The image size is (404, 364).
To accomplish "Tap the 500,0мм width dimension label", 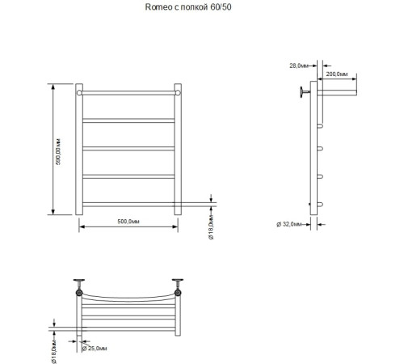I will point(128,220).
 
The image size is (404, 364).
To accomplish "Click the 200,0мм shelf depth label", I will point(338,74).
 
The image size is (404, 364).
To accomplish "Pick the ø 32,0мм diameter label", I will point(289,223).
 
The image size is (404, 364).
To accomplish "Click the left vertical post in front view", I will point(79,150).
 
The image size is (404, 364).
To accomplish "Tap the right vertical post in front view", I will point(177,150).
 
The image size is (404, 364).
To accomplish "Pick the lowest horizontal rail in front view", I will point(128,202).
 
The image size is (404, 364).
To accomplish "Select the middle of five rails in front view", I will point(128,148).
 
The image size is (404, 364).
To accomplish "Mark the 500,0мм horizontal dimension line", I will point(128,227).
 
